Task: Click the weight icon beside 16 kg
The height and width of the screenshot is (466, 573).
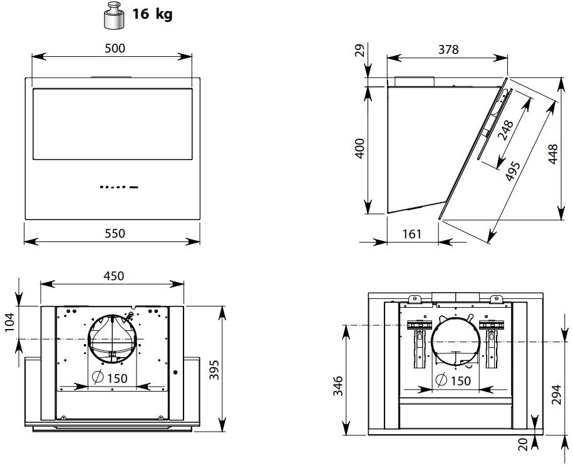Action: pos(113,16)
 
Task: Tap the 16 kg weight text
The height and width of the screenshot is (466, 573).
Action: pos(152,14)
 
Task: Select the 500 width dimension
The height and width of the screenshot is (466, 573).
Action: pos(115,48)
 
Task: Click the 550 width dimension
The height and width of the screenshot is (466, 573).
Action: pos(115,233)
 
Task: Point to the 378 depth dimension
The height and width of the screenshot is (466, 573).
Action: pos(448,49)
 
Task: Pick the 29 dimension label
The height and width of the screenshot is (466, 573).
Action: pos(360,51)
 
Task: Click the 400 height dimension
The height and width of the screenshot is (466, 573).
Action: pos(360,148)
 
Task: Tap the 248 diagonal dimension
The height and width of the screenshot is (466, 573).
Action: pos(506,130)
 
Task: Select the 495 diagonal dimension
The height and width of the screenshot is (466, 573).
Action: pos(513,170)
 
